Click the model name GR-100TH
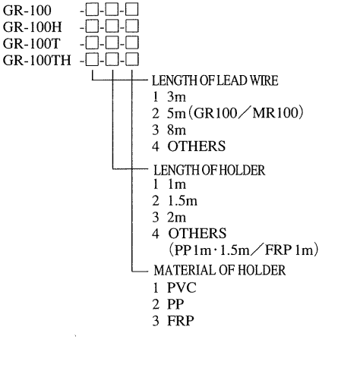click(x=37, y=60)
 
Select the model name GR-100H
click(x=33, y=27)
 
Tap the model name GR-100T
click(x=32, y=43)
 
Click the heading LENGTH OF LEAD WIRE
click(x=215, y=80)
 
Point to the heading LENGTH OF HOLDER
click(x=210, y=170)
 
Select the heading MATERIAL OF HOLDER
click(x=219, y=270)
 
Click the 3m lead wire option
click(x=176, y=96)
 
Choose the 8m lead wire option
click(x=176, y=130)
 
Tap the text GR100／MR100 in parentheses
click(x=247, y=113)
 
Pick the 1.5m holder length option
click(x=182, y=201)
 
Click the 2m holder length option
click(x=176, y=218)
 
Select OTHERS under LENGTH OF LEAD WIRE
click(x=196, y=146)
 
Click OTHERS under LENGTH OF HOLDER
click(x=197, y=233)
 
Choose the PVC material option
click(x=182, y=287)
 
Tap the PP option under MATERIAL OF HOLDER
click(x=175, y=304)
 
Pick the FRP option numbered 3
click(x=181, y=321)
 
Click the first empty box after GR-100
click(x=92, y=10)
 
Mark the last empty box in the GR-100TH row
click(x=132, y=60)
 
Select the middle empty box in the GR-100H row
click(x=112, y=27)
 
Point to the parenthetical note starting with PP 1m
click(x=244, y=250)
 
